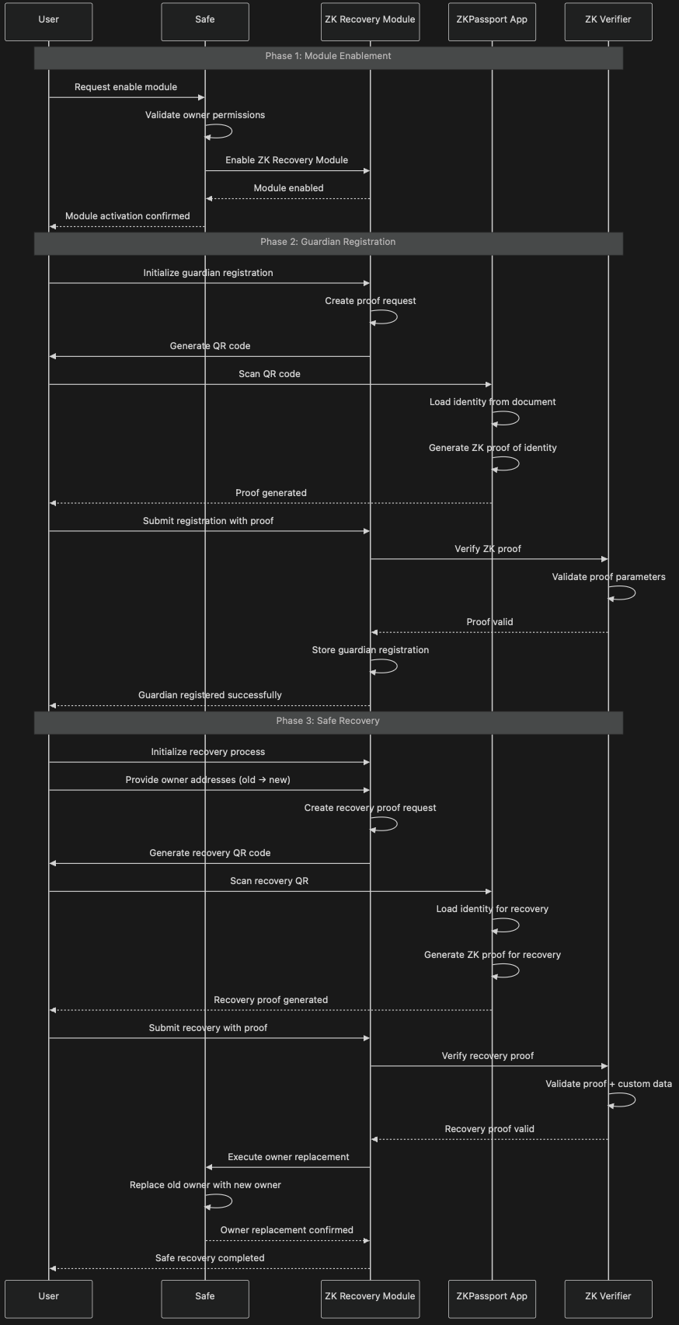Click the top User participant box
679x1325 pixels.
click(48, 22)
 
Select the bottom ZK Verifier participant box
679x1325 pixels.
click(608, 1299)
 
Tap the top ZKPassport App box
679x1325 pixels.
click(492, 22)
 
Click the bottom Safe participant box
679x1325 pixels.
click(205, 1299)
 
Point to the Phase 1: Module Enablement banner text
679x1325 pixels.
click(328, 56)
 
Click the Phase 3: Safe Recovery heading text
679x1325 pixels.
click(328, 721)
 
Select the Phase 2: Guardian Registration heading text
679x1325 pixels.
click(328, 241)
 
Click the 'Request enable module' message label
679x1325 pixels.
click(126, 87)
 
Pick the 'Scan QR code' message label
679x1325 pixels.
click(270, 374)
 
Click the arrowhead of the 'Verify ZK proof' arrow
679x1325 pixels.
click(604, 559)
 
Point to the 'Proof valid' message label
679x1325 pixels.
click(490, 622)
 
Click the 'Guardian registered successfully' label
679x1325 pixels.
click(210, 695)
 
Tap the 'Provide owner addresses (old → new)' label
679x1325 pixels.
click(208, 780)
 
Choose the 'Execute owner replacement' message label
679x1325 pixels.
click(288, 1156)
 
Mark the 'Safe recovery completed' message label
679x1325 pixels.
click(210, 1257)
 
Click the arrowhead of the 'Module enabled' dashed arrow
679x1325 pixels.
click(209, 199)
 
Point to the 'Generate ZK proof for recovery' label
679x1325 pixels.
click(493, 955)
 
